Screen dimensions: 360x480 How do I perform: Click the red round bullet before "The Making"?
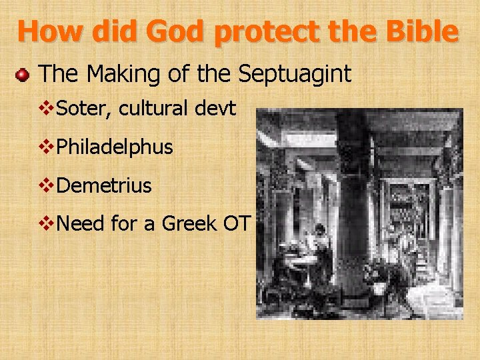[x=23, y=75]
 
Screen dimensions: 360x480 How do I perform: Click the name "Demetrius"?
[x=105, y=185]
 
